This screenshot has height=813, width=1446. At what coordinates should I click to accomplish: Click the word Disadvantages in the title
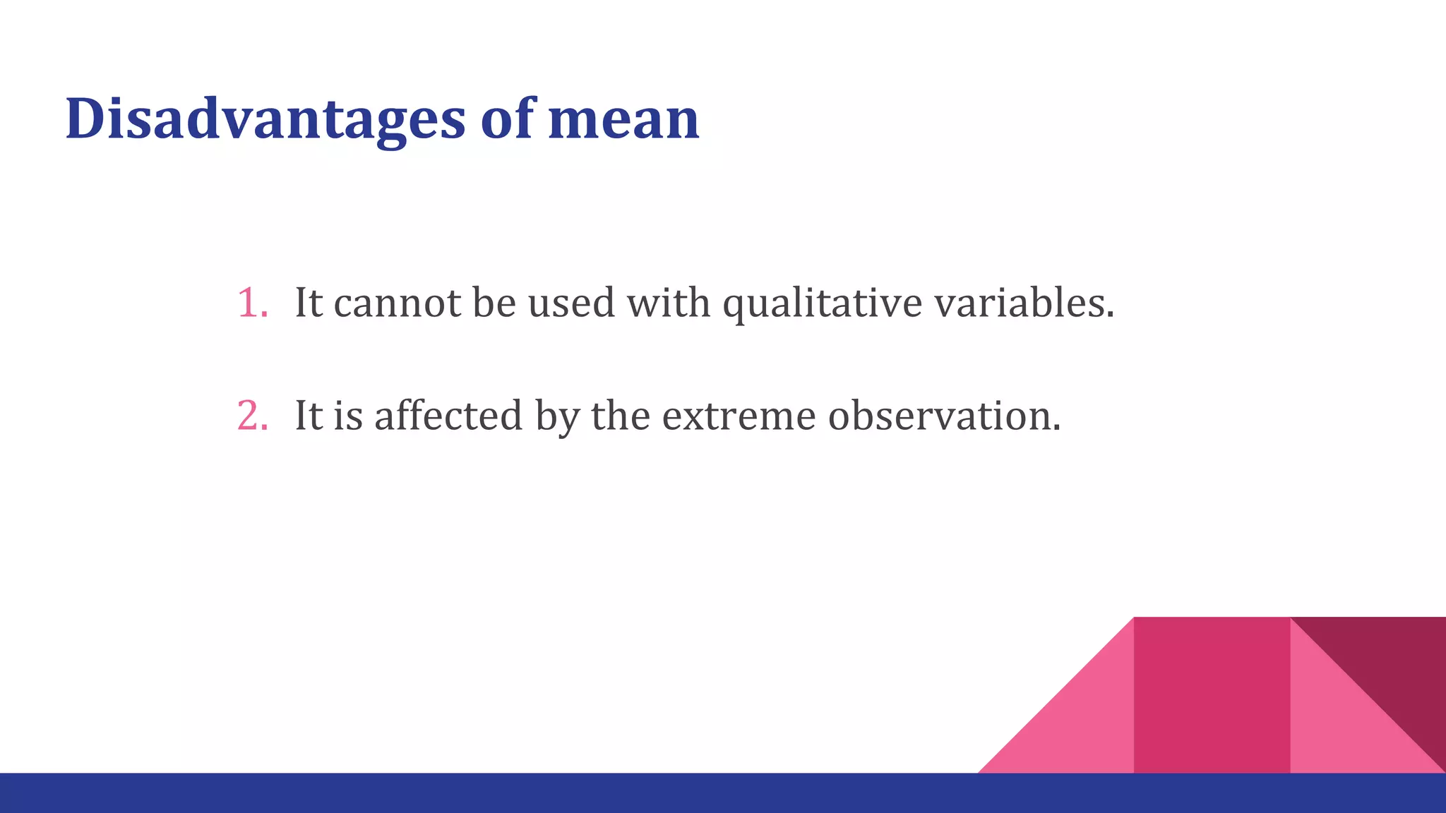pyautogui.click(x=265, y=119)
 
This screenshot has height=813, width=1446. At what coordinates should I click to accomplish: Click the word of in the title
pyautogui.click(x=507, y=119)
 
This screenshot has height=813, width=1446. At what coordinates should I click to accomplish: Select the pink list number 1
pyautogui.click(x=251, y=303)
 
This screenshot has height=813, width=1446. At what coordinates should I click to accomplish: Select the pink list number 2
pyautogui.click(x=251, y=416)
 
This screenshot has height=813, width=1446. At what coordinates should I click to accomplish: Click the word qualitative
pyautogui.click(x=822, y=303)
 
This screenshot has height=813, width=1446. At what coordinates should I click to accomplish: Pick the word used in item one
pyautogui.click(x=571, y=303)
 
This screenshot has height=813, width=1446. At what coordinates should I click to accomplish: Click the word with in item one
pyautogui.click(x=669, y=303)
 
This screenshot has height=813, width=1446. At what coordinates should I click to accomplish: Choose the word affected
pyautogui.click(x=448, y=416)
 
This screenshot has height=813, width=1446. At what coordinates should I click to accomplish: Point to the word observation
pyautogui.click(x=944, y=416)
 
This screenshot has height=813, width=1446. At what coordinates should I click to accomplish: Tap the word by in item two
pyautogui.click(x=556, y=416)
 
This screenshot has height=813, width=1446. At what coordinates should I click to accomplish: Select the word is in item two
pyautogui.click(x=348, y=416)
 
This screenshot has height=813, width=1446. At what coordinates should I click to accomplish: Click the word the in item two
pyautogui.click(x=620, y=416)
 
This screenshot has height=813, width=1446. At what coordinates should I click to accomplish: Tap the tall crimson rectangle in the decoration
pyautogui.click(x=1212, y=695)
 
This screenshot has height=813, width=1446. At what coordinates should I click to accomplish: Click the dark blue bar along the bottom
pyautogui.click(x=494, y=793)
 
